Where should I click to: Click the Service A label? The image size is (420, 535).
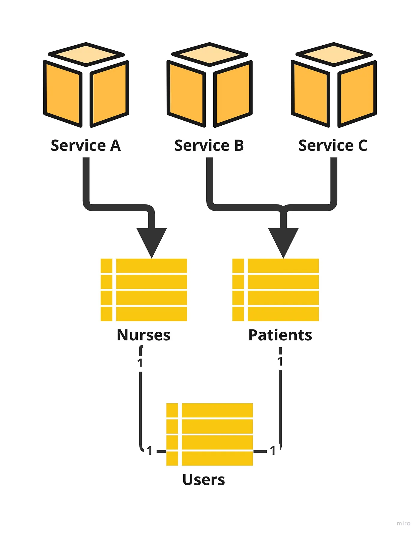coord(86,146)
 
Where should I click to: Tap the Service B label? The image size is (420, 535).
coord(209,146)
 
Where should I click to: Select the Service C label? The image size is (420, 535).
coord(333,146)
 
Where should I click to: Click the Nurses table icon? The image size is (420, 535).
coord(144,290)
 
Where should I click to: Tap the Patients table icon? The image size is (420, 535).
coord(275,290)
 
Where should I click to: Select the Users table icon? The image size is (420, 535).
coord(209,434)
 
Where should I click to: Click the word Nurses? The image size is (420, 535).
coord(143,335)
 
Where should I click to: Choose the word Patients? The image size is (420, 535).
coord(280,335)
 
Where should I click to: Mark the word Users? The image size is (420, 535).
coord(204,480)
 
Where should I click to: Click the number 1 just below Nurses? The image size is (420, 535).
coord(140,363)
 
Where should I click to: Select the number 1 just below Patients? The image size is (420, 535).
coord(280,362)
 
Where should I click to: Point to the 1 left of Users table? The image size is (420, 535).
coord(150,451)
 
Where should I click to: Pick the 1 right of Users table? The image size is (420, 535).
coord(273,451)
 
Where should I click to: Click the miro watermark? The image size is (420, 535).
coord(403,523)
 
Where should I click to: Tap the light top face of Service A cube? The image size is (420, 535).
coord(86,54)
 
